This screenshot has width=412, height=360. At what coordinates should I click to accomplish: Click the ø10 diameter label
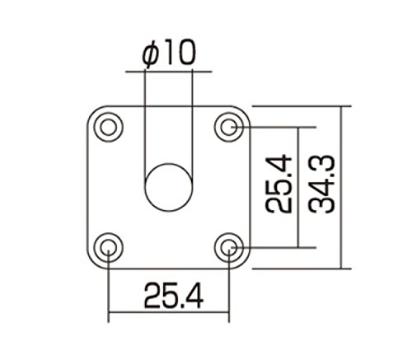tap(169, 54)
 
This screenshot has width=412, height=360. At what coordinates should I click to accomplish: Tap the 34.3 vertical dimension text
tap(321, 185)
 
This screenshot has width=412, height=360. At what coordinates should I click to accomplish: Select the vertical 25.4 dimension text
tap(279, 184)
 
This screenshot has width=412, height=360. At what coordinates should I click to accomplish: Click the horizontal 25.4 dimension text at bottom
tap(174, 297)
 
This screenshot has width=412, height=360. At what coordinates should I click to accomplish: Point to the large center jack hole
tap(169, 187)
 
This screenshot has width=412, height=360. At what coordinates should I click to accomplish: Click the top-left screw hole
tap(109, 127)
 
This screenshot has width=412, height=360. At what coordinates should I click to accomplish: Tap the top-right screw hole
tap(229, 127)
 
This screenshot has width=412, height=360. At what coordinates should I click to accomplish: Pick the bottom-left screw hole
tap(109, 247)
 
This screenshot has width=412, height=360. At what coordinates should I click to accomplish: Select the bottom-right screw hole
tap(229, 247)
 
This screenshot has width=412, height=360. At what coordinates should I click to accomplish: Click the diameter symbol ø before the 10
tap(151, 54)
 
